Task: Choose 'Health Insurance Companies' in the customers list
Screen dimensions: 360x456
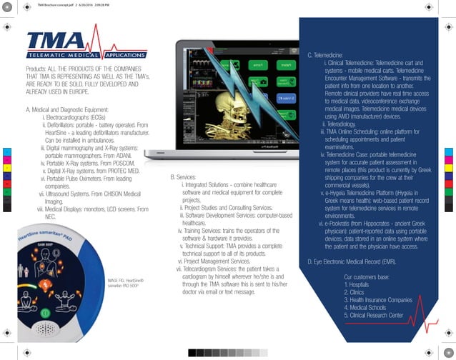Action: (381, 300)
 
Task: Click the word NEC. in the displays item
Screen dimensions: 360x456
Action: (51, 215)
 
